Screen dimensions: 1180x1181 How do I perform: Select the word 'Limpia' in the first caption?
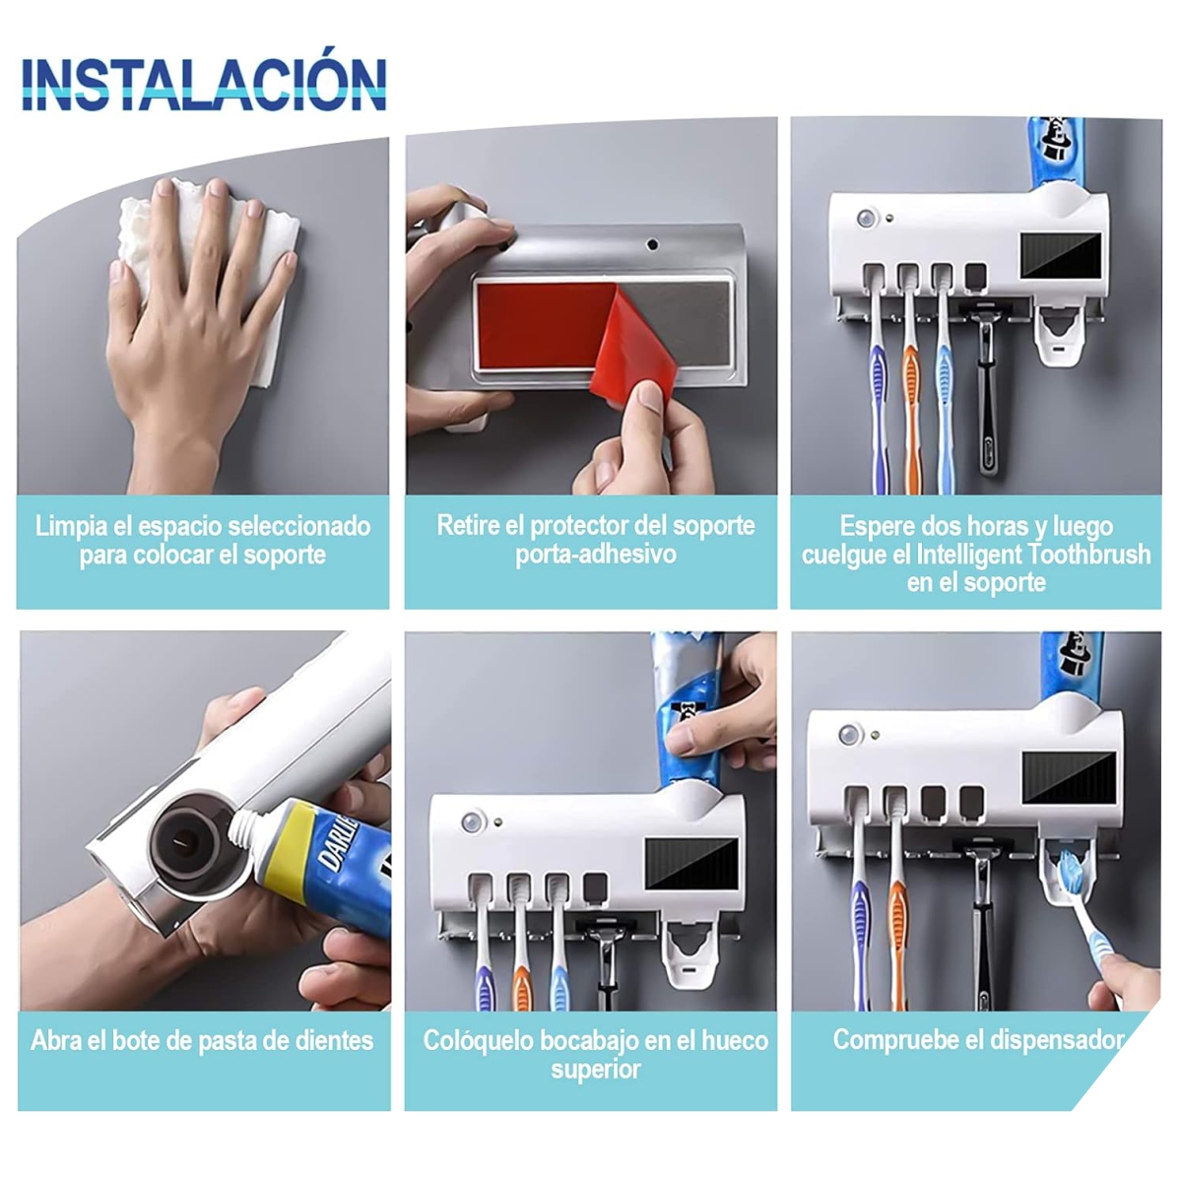[x=72, y=526]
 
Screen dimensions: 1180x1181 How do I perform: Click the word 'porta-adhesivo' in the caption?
[x=595, y=555]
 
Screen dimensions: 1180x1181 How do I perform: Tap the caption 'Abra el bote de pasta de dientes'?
[x=202, y=1041]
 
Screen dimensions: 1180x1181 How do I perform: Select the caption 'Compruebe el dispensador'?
[x=977, y=1040]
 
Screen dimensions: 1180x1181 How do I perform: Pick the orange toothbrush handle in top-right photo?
[x=911, y=394]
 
